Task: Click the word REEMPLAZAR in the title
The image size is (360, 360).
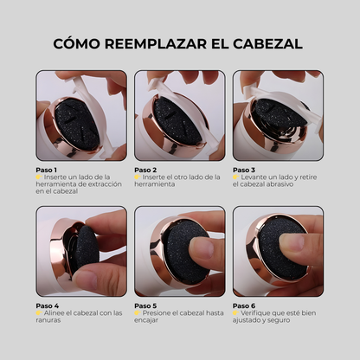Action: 150,42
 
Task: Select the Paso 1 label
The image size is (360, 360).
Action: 47,170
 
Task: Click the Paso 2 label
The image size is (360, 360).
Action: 145,170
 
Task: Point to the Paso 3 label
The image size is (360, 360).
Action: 244,170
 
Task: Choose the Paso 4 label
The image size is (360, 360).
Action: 47,305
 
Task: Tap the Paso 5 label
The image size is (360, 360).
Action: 145,305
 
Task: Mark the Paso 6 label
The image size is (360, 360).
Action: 244,305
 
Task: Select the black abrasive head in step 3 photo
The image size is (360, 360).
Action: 275,117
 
